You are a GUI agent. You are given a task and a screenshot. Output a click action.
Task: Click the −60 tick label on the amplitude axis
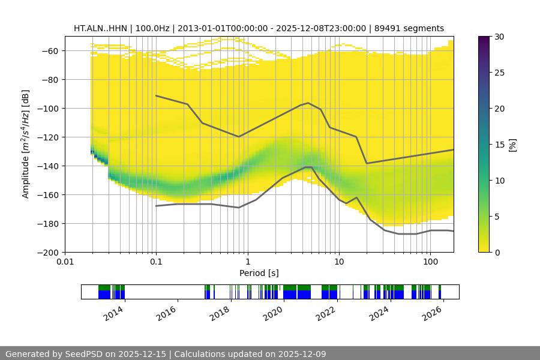49,51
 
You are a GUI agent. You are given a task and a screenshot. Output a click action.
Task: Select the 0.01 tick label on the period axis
65,262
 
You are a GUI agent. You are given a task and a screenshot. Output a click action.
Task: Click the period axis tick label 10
339,262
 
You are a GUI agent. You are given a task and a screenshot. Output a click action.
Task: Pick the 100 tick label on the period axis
430,262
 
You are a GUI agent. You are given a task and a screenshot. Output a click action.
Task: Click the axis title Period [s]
259,274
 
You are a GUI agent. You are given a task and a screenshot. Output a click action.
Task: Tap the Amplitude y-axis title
26,144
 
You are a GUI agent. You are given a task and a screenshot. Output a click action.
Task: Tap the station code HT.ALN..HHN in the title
100,28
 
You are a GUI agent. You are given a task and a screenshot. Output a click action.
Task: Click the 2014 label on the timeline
113,313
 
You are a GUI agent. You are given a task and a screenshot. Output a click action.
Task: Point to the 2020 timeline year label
274,313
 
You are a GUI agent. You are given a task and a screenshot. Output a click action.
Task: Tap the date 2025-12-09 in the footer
302,354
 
